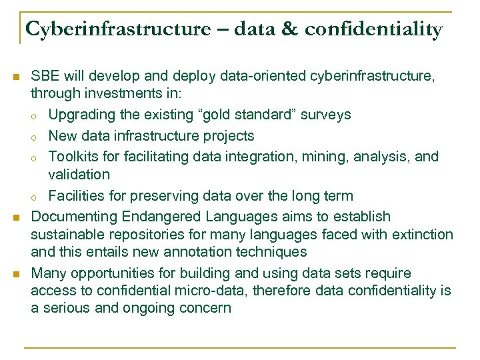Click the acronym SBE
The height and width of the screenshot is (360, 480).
click(45, 77)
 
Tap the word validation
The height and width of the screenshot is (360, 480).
click(79, 174)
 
